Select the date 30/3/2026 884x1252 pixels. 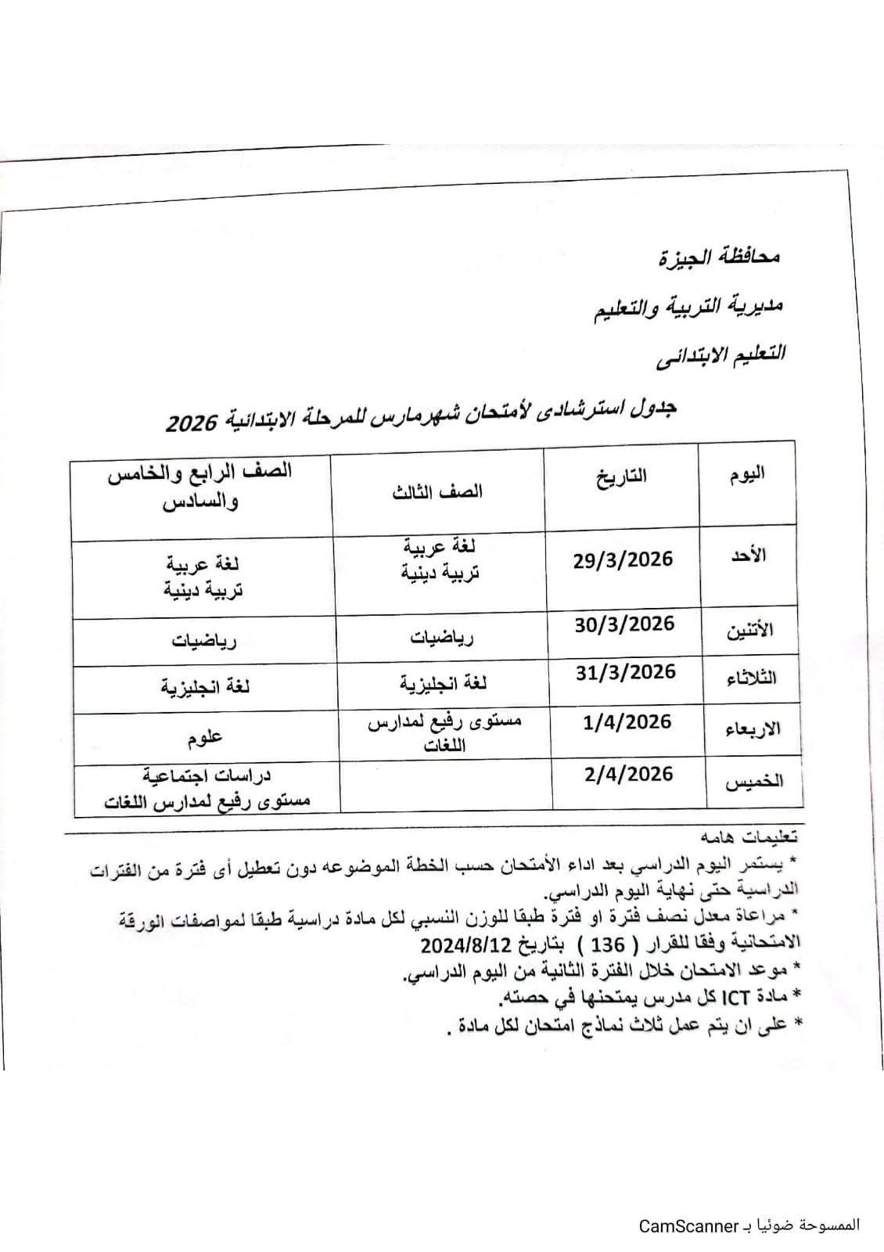[x=624, y=624]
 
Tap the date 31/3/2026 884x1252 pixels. [x=625, y=672]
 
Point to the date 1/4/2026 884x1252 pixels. [x=627, y=721]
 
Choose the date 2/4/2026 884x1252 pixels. [x=628, y=774]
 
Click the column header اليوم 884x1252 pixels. [x=747, y=473]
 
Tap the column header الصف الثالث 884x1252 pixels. [x=438, y=491]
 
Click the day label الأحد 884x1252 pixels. [x=749, y=555]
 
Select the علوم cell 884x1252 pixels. [x=205, y=736]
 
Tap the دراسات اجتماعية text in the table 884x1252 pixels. [x=207, y=775]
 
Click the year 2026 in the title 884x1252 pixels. [x=192, y=424]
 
